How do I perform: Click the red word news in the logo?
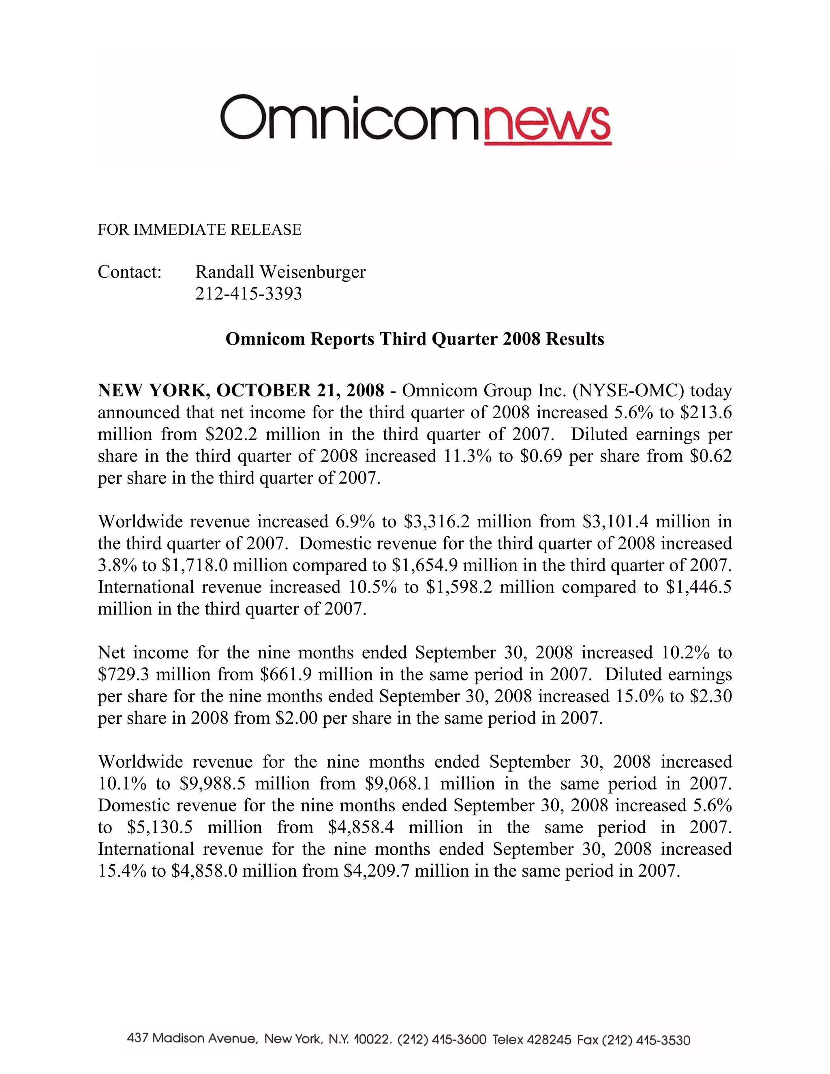click(x=547, y=124)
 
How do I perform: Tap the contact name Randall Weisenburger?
click(x=280, y=272)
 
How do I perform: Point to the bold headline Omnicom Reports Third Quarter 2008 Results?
click(x=415, y=339)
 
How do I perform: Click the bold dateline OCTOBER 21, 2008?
click(x=300, y=390)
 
